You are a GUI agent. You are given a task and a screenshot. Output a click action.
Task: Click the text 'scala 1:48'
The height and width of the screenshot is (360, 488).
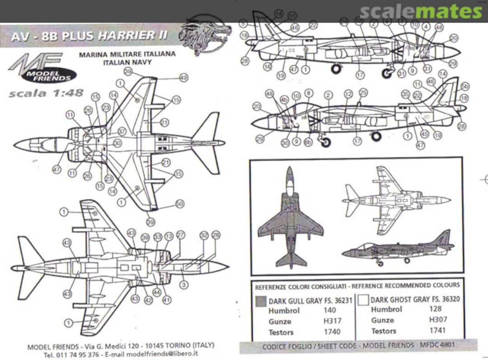[x=46, y=94]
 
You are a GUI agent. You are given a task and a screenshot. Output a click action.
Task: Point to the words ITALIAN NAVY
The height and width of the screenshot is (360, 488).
[x=127, y=62]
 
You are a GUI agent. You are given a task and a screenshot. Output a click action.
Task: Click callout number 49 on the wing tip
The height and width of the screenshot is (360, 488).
[x=183, y=78]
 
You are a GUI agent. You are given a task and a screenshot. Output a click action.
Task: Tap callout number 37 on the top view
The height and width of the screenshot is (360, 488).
[x=121, y=131]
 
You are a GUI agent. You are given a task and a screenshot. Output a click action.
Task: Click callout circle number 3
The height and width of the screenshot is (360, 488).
[x=183, y=285]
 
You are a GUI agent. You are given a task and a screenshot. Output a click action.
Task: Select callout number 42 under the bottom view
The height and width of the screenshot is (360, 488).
[x=148, y=300]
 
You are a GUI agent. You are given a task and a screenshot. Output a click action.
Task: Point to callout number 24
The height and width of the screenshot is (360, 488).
[x=344, y=22]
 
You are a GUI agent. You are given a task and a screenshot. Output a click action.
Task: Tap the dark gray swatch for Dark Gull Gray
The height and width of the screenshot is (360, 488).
[x=261, y=301]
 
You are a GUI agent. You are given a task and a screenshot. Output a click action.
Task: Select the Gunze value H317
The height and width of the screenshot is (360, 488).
[x=332, y=321]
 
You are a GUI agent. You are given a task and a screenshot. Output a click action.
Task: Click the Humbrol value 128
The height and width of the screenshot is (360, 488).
[x=436, y=309]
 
